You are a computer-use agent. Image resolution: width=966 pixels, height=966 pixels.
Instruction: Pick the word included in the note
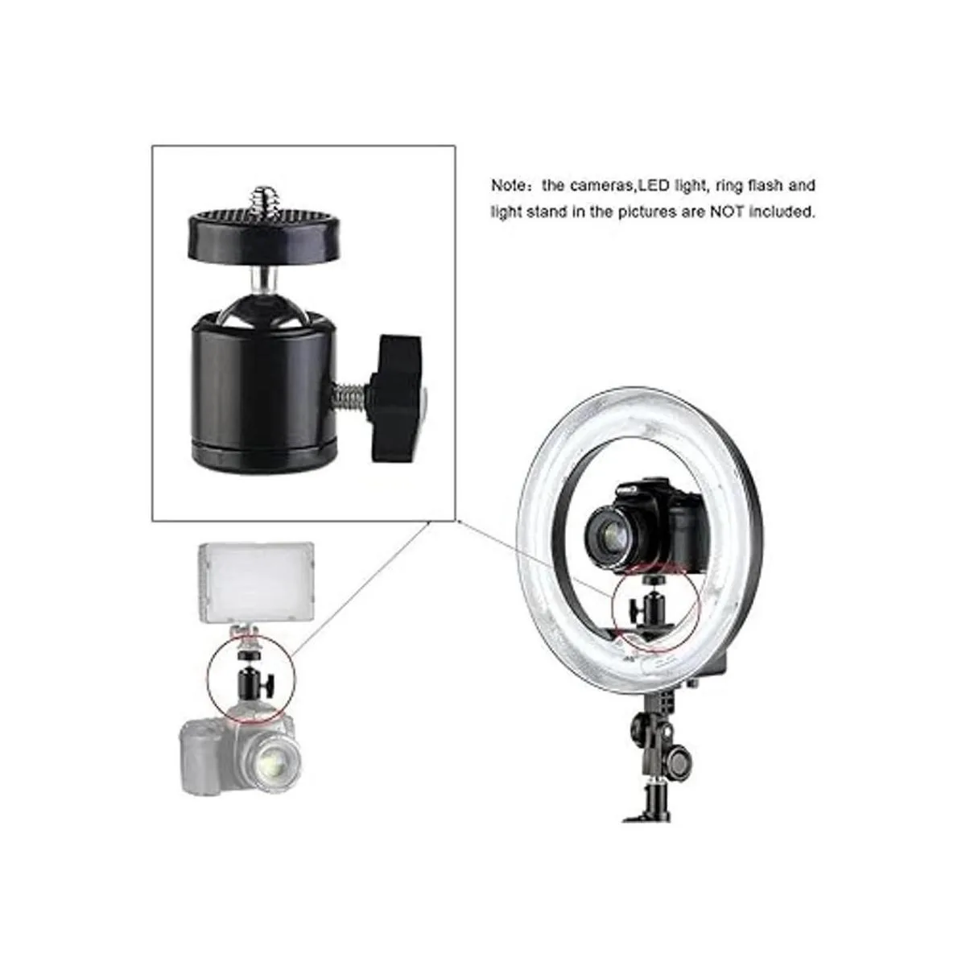[781, 212]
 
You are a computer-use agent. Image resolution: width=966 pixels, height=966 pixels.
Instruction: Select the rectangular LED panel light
[257, 583]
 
